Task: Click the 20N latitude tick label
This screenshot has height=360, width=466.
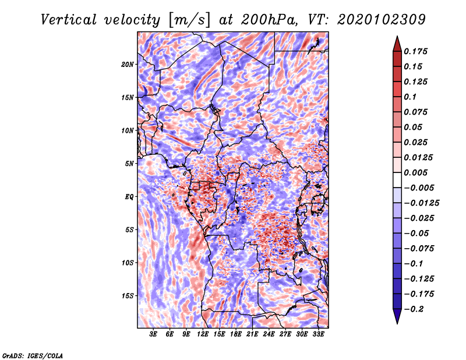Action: (x=128, y=64)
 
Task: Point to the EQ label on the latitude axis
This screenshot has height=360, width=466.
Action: (x=129, y=197)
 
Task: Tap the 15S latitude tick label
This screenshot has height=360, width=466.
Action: (x=128, y=296)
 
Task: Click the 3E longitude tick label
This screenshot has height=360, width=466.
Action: (x=154, y=334)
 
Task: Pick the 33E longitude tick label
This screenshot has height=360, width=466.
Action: (x=318, y=334)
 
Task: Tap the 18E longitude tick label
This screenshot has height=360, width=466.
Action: (x=236, y=334)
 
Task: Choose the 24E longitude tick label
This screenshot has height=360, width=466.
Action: (x=269, y=334)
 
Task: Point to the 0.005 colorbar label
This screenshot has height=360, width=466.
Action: (x=417, y=173)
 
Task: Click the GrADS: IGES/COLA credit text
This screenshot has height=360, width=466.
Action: (x=33, y=355)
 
